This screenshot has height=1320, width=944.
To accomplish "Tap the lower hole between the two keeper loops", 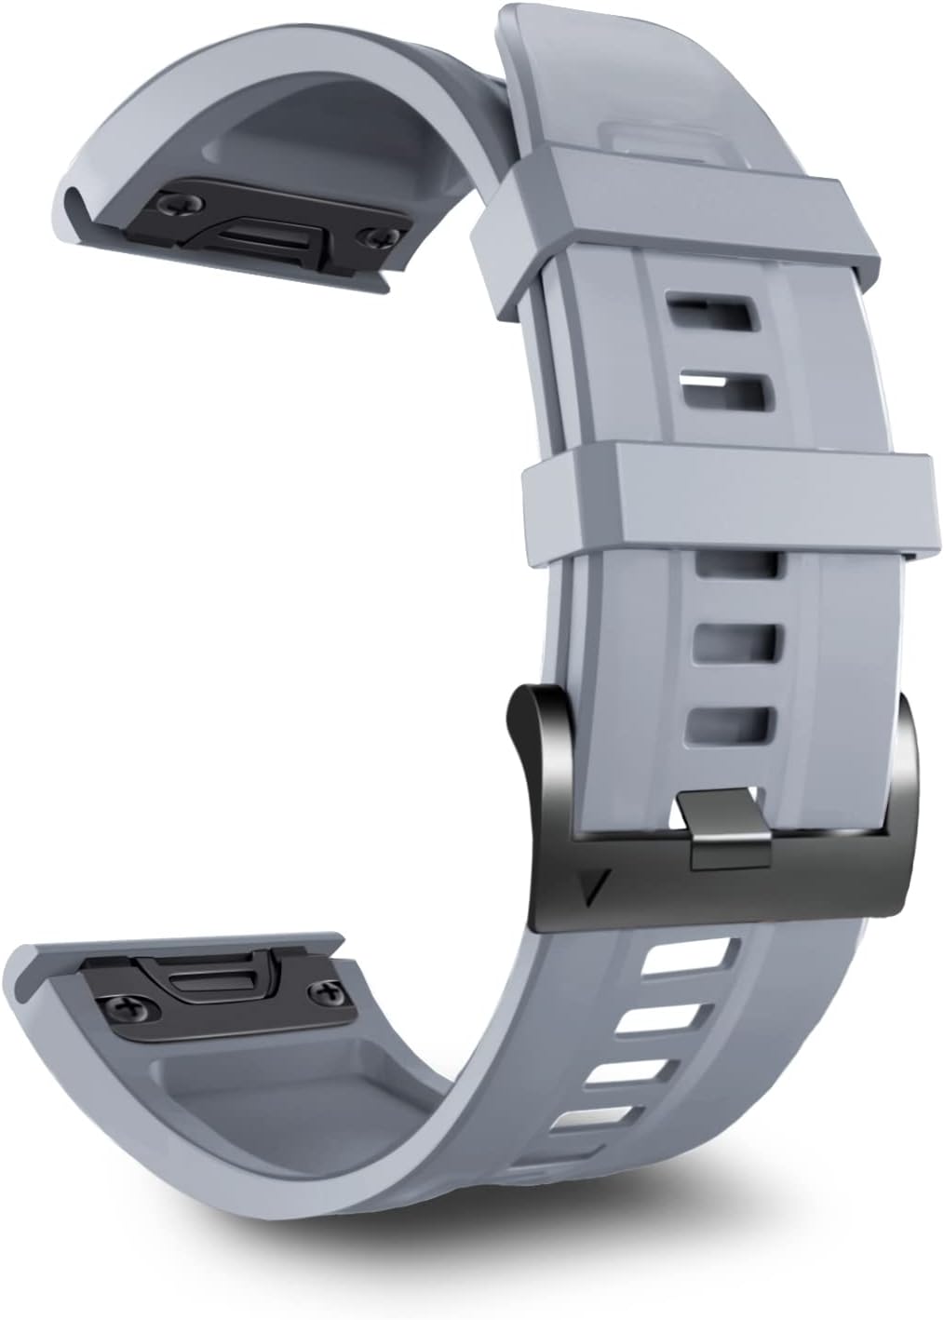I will click(727, 392).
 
